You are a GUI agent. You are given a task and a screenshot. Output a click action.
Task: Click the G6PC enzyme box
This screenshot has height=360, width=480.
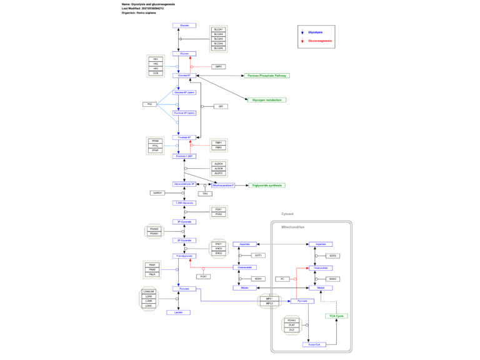(219, 66)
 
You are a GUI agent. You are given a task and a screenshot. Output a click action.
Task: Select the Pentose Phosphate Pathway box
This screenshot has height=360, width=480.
(267, 76)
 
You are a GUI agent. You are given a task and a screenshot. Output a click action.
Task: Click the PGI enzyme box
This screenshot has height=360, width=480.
(150, 104)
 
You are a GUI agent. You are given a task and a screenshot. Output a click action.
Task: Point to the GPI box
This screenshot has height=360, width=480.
(220, 106)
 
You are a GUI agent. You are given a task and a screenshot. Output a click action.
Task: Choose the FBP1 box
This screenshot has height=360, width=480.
(219, 142)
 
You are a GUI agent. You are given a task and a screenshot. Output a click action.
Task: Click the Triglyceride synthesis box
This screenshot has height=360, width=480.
(267, 185)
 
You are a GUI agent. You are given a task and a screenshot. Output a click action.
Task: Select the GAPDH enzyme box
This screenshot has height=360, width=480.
(157, 193)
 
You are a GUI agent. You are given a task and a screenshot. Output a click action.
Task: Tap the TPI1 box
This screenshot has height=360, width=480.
(204, 194)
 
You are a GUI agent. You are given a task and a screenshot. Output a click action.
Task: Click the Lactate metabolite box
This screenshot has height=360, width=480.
(179, 312)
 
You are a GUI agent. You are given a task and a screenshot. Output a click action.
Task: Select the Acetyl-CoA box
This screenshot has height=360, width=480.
(314, 344)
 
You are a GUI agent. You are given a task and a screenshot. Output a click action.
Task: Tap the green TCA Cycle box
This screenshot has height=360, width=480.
(336, 316)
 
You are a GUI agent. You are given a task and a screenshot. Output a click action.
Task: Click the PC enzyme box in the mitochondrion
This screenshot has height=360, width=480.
(282, 279)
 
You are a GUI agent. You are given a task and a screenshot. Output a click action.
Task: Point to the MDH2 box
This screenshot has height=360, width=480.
(333, 279)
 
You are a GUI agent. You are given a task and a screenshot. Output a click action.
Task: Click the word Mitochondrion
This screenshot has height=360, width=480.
(292, 227)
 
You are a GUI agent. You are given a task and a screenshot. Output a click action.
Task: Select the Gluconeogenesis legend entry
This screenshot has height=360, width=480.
(320, 41)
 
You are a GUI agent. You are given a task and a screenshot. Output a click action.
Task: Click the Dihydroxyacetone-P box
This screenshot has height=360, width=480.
(224, 185)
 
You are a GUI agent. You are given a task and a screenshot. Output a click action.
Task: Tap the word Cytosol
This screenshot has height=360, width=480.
(287, 214)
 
